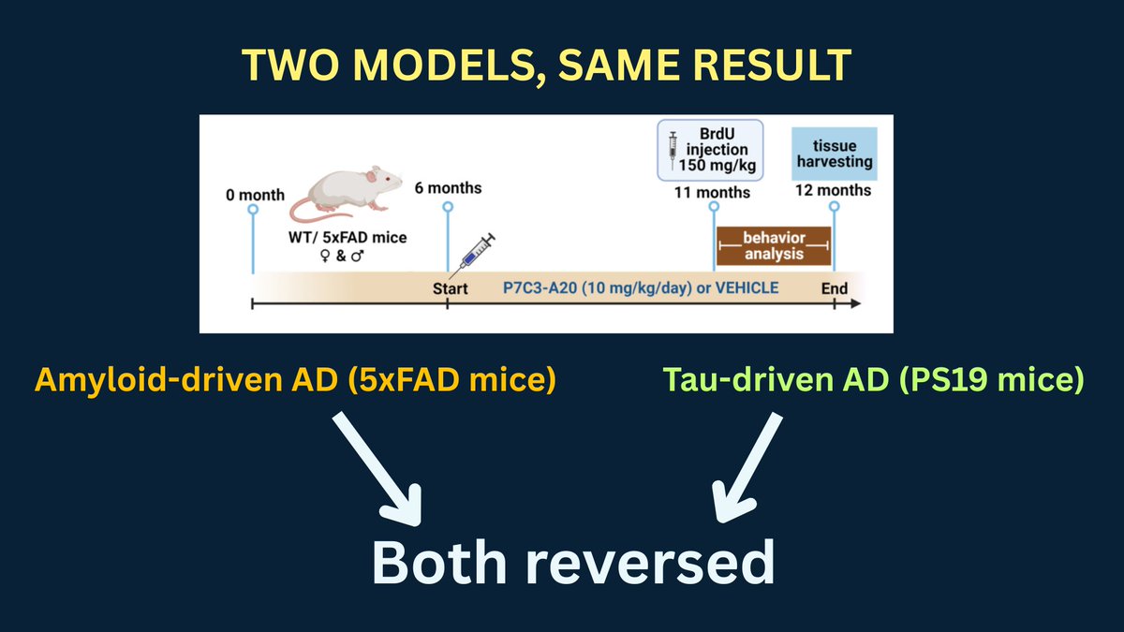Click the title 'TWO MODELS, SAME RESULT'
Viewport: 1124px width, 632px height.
pyautogui.click(x=546, y=65)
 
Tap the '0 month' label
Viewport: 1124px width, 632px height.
pyautogui.click(x=254, y=196)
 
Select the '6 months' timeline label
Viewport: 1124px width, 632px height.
pyautogui.click(x=447, y=188)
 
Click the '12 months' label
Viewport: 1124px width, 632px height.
pyautogui.click(x=833, y=190)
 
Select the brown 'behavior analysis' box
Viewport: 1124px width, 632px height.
pyautogui.click(x=774, y=244)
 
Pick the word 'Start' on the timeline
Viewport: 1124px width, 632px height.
pyautogui.click(x=450, y=287)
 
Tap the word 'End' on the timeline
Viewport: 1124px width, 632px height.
pyautogui.click(x=834, y=287)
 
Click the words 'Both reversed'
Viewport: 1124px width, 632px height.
pyautogui.click(x=572, y=562)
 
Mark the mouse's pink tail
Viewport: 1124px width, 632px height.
pyautogui.click(x=304, y=211)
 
